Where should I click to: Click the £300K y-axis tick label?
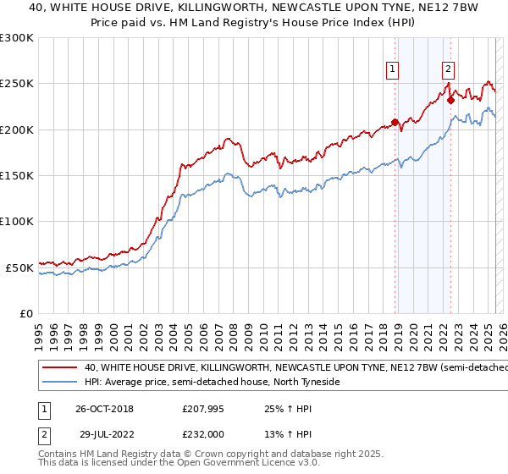[x=16, y=38]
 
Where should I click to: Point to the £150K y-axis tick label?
[x=16, y=176]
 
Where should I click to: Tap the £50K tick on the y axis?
[x=19, y=267]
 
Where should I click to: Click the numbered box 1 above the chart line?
[x=394, y=70]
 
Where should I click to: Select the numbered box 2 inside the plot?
[x=448, y=70]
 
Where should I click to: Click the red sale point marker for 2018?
[x=395, y=122]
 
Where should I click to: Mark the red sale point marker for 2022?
[x=451, y=100]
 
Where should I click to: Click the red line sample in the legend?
[x=58, y=368]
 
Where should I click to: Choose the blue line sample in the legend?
[x=58, y=383]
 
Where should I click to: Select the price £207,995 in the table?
[x=203, y=409]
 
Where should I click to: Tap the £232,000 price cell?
[x=203, y=434]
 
